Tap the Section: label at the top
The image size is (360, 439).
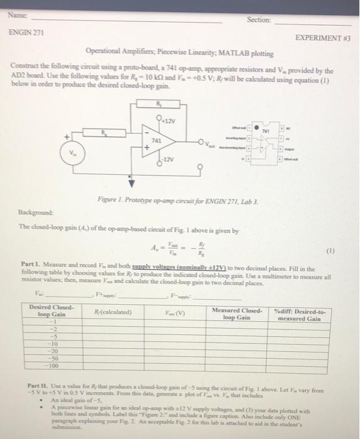[259, 19]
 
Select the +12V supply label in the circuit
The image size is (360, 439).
[167, 120]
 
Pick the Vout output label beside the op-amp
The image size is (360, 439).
[206, 143]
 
